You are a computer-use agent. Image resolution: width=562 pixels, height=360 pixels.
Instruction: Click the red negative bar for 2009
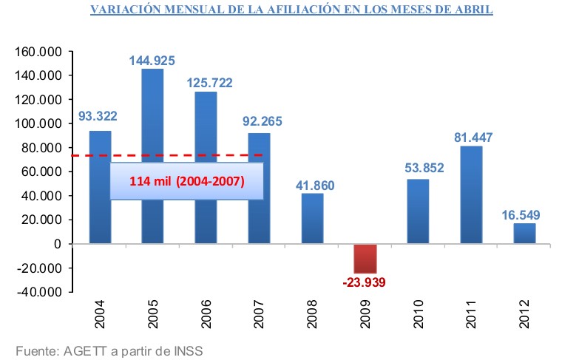coord(365,259)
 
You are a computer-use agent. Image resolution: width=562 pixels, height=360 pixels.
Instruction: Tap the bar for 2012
coord(524,234)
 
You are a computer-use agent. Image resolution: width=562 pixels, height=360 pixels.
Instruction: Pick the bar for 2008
coord(312,218)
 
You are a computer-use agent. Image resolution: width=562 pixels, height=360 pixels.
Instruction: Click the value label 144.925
coord(152,61)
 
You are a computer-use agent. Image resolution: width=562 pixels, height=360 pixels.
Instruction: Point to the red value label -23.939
coord(365,282)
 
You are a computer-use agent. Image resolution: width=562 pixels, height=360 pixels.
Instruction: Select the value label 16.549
coord(525,215)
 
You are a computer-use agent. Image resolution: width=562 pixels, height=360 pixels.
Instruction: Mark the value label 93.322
coord(99,116)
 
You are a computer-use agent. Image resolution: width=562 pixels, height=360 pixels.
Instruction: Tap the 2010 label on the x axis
coord(419,313)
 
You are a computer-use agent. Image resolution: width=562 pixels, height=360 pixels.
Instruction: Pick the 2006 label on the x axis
coord(206,313)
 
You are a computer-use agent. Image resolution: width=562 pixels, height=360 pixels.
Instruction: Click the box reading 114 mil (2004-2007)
coord(187,180)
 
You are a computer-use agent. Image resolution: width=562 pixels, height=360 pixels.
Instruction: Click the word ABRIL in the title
coord(470,11)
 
